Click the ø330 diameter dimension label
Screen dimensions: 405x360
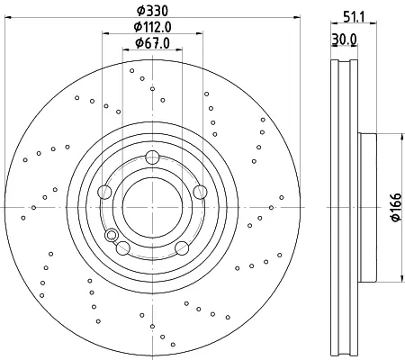pyautogui.click(x=152, y=11)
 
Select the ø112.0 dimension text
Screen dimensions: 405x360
pyautogui.click(x=152, y=27)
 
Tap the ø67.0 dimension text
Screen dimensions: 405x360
pyautogui.click(x=152, y=43)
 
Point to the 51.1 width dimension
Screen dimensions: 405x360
pyautogui.click(x=354, y=17)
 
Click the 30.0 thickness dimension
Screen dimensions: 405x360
pyautogui.click(x=344, y=40)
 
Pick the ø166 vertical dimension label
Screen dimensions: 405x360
pyautogui.click(x=396, y=207)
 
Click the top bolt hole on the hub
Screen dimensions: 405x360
pyautogui.click(x=152, y=157)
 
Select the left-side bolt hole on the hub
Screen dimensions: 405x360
pyautogui.click(x=104, y=192)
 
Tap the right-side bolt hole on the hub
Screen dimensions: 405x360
pyautogui.click(x=200, y=192)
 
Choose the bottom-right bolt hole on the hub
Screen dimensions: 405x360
pyautogui.click(x=182, y=248)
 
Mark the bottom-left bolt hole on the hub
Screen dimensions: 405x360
pyautogui.click(x=123, y=248)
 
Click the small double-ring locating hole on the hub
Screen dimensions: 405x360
pyautogui.click(x=112, y=235)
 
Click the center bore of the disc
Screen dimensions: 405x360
pyautogui.click(x=152, y=207)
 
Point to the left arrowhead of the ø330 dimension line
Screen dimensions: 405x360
pyautogui.click(x=8, y=18)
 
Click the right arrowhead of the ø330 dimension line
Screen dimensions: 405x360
pyautogui.click(x=297, y=18)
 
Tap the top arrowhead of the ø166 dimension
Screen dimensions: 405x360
pyautogui.click(x=402, y=137)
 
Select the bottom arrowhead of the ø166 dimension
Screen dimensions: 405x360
pyautogui.click(x=402, y=278)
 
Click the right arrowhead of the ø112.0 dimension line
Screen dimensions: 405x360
pyautogui.click(x=200, y=33)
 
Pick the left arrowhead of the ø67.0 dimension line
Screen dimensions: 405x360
pyautogui.click(x=126, y=49)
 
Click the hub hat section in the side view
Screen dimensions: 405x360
pyautogui.click(x=367, y=208)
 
